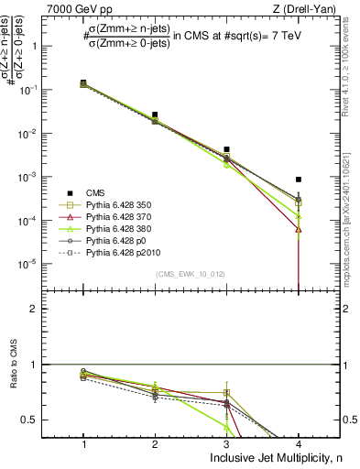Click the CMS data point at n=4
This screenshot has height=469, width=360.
299,180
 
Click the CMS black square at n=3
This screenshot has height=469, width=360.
227,148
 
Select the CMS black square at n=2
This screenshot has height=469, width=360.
155,115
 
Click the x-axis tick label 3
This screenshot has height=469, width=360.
227,442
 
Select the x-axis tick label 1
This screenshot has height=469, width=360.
83,442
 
